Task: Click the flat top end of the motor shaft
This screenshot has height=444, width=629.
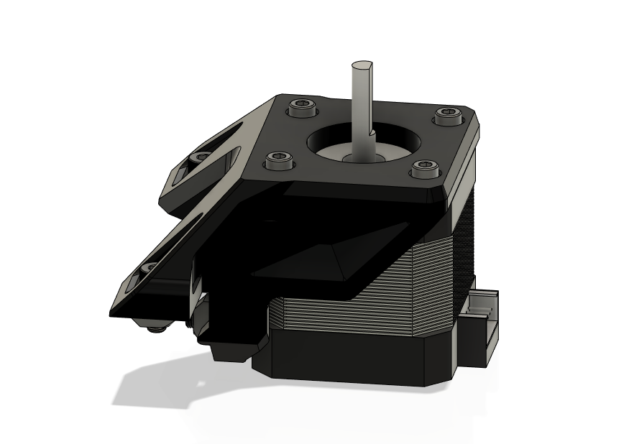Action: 362,67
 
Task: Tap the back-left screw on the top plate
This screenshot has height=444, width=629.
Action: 301,109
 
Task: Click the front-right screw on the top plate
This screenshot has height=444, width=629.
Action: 423,169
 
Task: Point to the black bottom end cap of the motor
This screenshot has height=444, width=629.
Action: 359,359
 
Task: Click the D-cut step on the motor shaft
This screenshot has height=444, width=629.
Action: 369,132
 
